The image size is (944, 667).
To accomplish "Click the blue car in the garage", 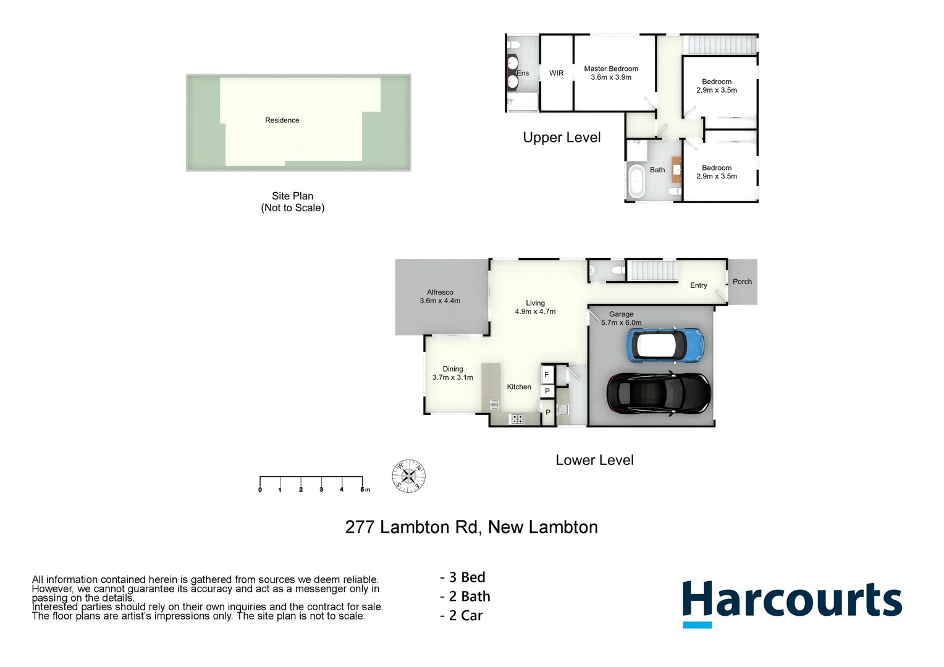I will coord(665,345).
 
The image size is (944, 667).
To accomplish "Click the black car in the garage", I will coord(659,393).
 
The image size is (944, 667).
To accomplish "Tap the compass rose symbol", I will coord(409,476).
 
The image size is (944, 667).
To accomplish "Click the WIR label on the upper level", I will coord(556,73).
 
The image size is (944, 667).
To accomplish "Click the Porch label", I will coord(742,282).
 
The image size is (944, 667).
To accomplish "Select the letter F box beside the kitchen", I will coord(547,375).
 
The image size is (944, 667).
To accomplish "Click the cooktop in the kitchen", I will coord(516,419).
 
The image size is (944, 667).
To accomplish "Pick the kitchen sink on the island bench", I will coord(494,405).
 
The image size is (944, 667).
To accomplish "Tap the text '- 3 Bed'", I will coord(463,577).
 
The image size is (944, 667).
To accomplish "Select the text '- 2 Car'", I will coord(461,616).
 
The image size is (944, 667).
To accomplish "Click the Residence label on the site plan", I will coord(282,120).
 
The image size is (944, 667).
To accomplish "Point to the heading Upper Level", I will coord(562,138).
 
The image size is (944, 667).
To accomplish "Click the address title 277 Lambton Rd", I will coord(471,527).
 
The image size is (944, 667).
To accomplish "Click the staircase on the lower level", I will coord(652,271).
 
